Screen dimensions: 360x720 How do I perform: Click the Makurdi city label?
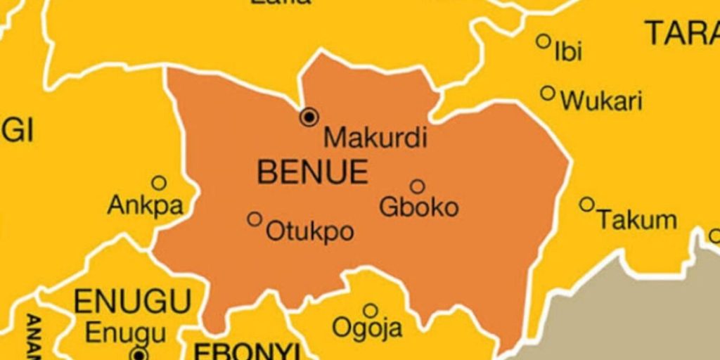pyautogui.click(x=375, y=137)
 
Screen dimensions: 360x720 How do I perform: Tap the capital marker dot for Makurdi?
pyautogui.click(x=309, y=117)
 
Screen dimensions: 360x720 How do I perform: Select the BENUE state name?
pyautogui.click(x=313, y=172)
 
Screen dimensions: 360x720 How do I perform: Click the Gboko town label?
pyautogui.click(x=419, y=207)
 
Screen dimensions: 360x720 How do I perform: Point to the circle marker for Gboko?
pyautogui.click(x=418, y=186)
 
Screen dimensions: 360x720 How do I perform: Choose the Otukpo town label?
pyautogui.click(x=309, y=231)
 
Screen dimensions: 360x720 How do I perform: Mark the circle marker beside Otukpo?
pyautogui.click(x=255, y=219)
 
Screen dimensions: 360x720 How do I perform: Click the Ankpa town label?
pyautogui.click(x=146, y=206)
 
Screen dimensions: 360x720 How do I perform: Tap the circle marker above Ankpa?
pyautogui.click(x=159, y=184)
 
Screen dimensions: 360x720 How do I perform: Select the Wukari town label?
pyautogui.click(x=601, y=102)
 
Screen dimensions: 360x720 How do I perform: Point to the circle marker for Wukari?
pyautogui.click(x=548, y=93)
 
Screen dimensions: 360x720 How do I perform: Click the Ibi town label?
pyautogui.click(x=568, y=51)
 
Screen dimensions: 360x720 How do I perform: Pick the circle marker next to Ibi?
pyautogui.click(x=544, y=41)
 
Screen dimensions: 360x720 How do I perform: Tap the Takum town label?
pyautogui.click(x=637, y=220)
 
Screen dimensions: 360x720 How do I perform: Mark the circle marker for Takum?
pyautogui.click(x=586, y=204)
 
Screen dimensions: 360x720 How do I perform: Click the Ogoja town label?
pyautogui.click(x=367, y=328)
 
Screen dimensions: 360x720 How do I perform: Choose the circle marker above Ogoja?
pyautogui.click(x=371, y=310)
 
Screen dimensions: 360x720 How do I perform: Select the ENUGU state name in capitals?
pyautogui.click(x=132, y=302)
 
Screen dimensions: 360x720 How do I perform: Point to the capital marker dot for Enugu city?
pyautogui.click(x=140, y=354)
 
